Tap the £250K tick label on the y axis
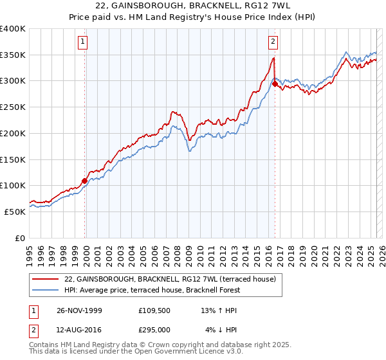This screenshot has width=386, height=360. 13,107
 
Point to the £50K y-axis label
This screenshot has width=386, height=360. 15,212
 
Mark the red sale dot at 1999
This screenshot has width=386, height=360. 85,181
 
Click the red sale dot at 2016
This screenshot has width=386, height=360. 275,84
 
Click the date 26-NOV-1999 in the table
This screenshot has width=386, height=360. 79,310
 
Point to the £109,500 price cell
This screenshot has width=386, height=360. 154,310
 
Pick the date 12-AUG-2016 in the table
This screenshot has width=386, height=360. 79,329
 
